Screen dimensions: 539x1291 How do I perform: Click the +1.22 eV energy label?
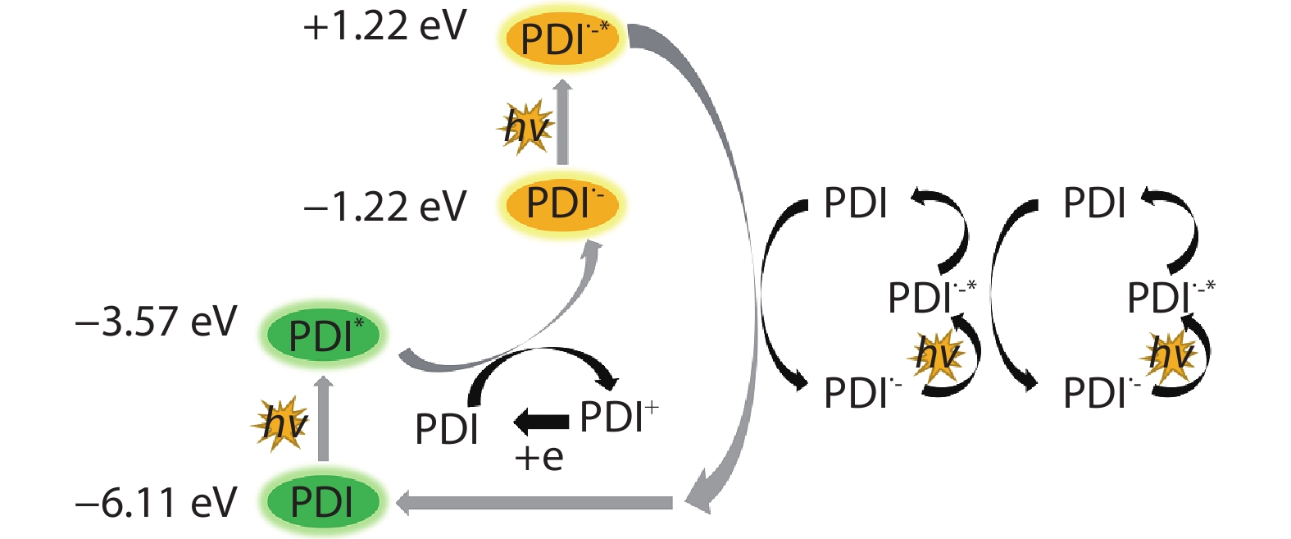384,27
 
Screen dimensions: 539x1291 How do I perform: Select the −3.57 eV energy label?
156,322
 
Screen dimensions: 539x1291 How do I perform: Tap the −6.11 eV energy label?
156,502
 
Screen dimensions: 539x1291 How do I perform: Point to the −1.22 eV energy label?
384,205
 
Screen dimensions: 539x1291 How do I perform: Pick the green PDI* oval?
324,336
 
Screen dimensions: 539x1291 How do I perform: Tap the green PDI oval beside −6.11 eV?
322,502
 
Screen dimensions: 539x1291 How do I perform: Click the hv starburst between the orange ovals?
525,127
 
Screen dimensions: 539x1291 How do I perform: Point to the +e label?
539,457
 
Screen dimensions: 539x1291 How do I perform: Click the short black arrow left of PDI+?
541,422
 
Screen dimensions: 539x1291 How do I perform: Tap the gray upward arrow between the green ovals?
324,418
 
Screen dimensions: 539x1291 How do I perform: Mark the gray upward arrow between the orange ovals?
562,123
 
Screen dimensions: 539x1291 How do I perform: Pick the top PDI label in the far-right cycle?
1094,203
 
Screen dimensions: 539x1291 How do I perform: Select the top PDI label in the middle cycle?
855,203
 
